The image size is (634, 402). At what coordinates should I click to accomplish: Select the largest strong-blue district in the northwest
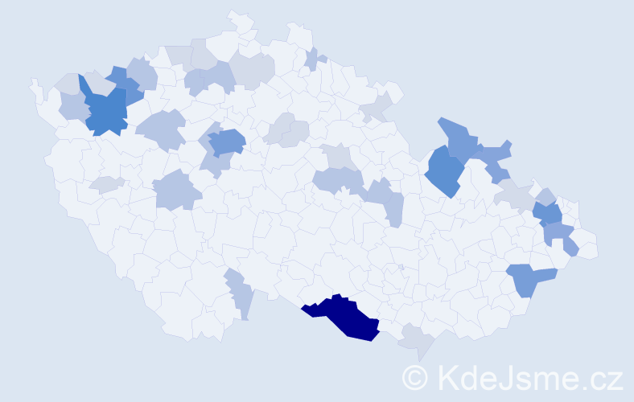tap(104, 111)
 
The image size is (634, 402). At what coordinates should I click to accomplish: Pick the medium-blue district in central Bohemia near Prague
tap(227, 142)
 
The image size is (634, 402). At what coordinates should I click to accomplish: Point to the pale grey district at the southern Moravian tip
tap(418, 339)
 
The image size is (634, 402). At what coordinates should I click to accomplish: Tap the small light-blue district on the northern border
tap(314, 58)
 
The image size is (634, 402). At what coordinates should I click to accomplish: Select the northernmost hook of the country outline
tap(233, 14)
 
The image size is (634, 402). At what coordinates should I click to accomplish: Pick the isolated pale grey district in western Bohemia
tap(106, 184)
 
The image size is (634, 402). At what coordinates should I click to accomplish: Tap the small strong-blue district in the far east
tap(549, 214)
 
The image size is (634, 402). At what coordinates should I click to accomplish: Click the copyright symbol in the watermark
tap(414, 376)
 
